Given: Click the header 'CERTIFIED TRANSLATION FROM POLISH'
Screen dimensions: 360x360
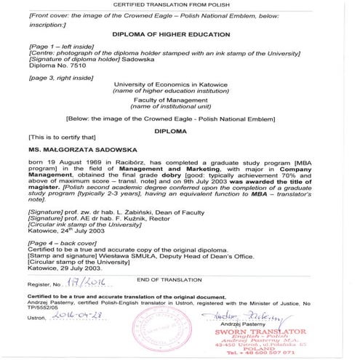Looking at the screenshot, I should point(180,5).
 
